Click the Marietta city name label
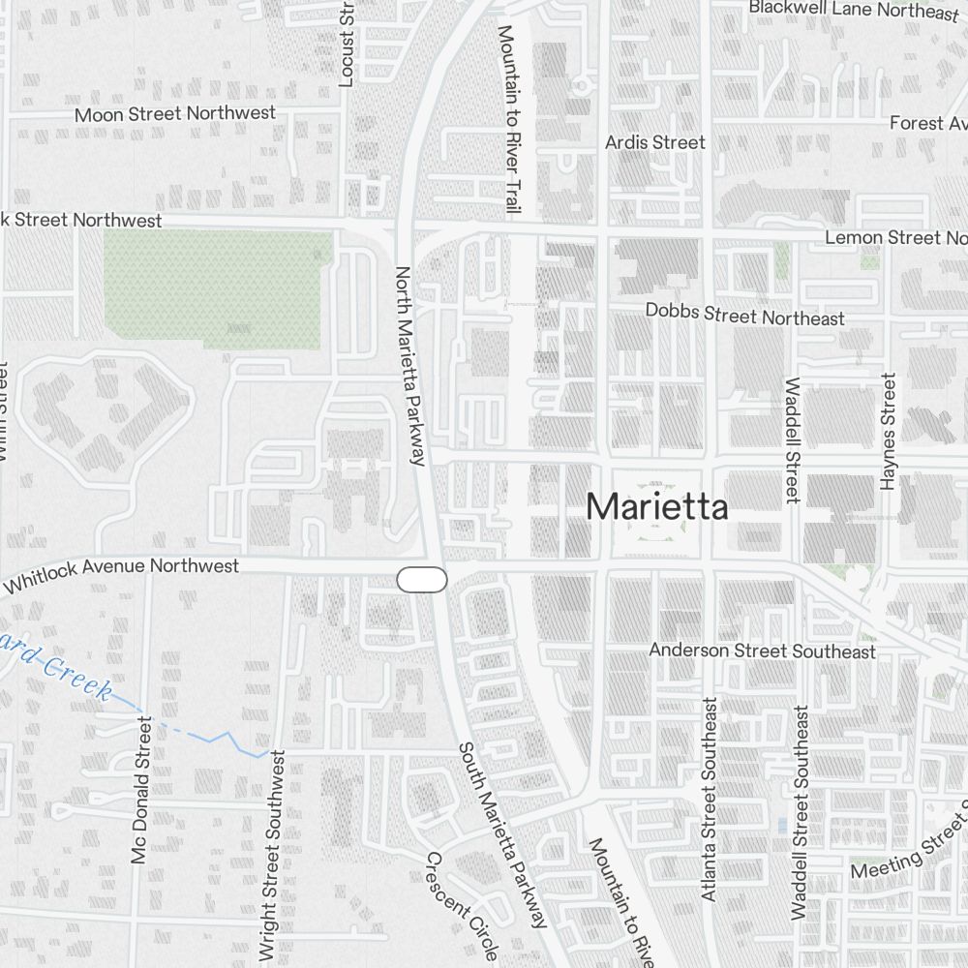(656, 506)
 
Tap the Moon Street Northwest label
(175, 113)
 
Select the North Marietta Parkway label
(410, 366)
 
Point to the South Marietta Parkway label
(502, 834)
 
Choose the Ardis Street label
(654, 142)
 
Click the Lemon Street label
(894, 237)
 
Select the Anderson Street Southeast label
(762, 650)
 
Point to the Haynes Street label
(889, 431)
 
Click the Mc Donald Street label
(141, 790)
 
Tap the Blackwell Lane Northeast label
(853, 10)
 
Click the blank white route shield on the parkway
(422, 580)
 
